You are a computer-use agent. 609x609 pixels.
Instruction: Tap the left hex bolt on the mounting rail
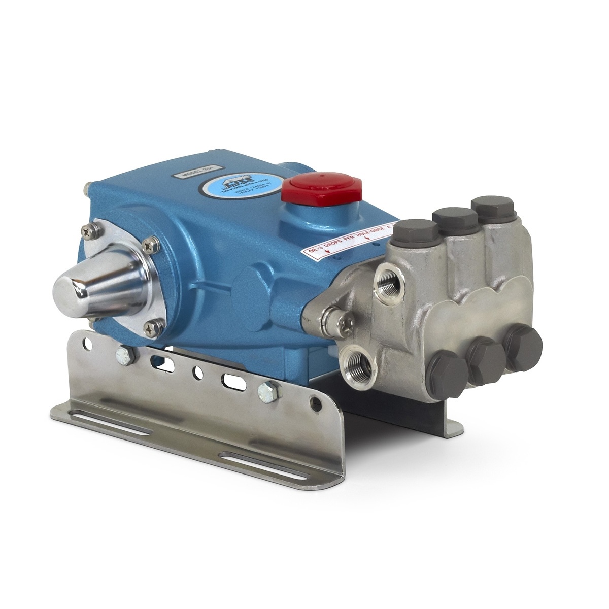point(123,354)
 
